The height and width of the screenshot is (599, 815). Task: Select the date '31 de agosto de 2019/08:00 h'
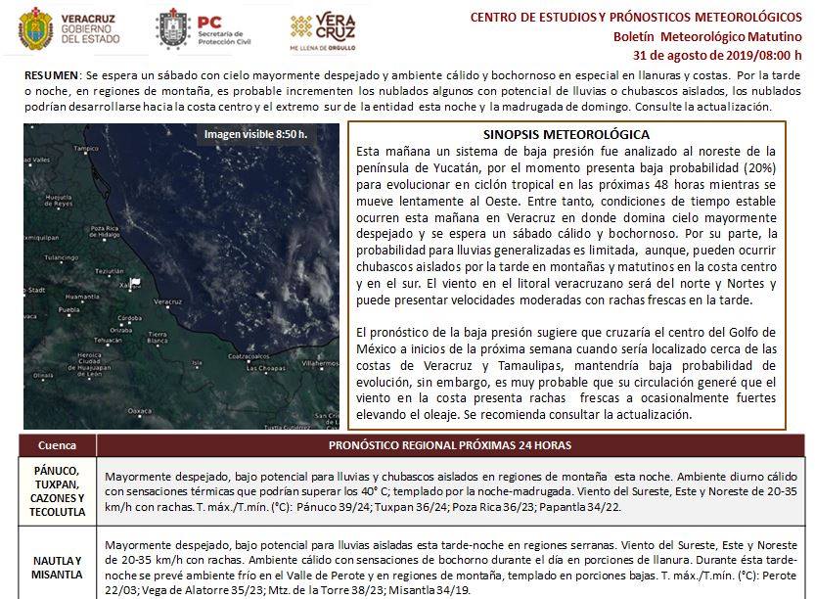[x=718, y=54]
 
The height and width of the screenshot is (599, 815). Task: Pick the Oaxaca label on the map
[x=138, y=411]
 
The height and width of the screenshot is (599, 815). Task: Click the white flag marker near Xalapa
[x=136, y=282]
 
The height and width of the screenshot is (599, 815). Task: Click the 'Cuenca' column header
[x=57, y=445]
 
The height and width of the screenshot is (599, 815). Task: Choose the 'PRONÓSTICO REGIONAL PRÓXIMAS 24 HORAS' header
[x=449, y=445]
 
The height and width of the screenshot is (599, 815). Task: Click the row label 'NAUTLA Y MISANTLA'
[x=57, y=568]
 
